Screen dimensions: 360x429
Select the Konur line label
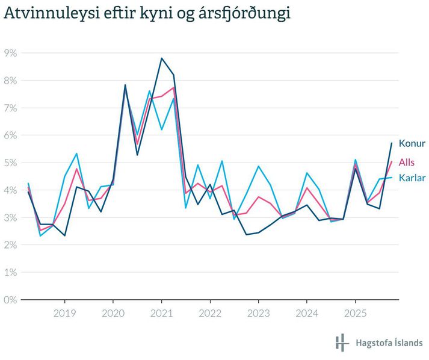(x=412, y=143)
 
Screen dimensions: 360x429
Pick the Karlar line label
(x=412, y=178)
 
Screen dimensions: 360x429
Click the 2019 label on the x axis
(x=64, y=313)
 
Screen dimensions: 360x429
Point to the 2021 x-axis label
(x=161, y=313)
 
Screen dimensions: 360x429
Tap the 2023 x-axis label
(x=258, y=313)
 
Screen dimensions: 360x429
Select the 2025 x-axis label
(x=354, y=313)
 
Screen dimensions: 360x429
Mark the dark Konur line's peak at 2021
(x=161, y=58)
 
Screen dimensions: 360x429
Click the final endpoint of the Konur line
(x=392, y=143)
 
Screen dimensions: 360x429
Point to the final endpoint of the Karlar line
(x=392, y=177)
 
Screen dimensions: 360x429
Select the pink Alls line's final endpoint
(x=392, y=161)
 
